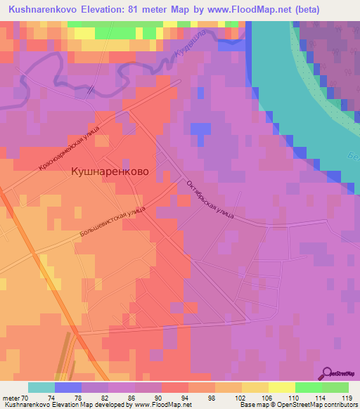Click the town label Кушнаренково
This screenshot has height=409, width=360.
[x=110, y=170]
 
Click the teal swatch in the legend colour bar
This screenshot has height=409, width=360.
[x=41, y=387]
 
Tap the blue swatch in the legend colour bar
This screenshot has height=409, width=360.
[x=67, y=387]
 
